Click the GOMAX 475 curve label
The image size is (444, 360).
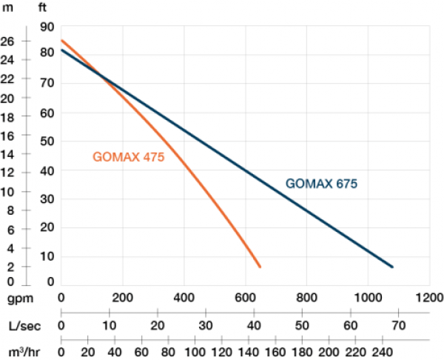pyautogui.click(x=128, y=157)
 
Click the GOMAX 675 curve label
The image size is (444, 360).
pyautogui.click(x=322, y=184)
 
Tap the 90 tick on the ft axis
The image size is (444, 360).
pyautogui.click(x=47, y=27)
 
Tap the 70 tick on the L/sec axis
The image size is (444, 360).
pyautogui.click(x=397, y=325)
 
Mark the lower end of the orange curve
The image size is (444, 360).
pyautogui.click(x=260, y=267)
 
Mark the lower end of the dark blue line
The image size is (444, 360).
pyautogui.click(x=392, y=267)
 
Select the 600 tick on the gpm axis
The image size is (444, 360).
pyautogui.click(x=244, y=299)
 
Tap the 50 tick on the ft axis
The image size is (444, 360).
pyautogui.click(x=47, y=142)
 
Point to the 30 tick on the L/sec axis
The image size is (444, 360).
pyautogui.click(x=205, y=325)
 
